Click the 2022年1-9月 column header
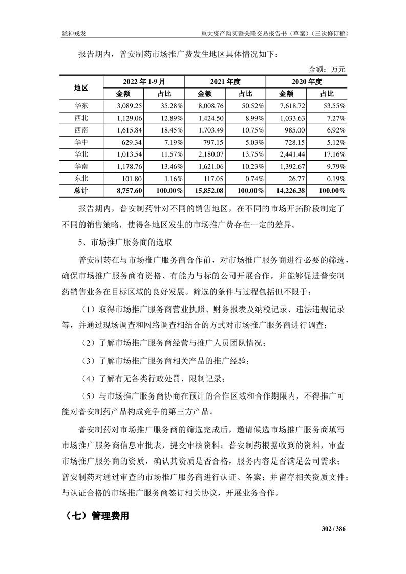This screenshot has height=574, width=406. pyautogui.click(x=143, y=81)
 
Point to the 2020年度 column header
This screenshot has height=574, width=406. pyautogui.click(x=306, y=81)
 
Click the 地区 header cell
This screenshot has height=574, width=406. pyautogui.click(x=81, y=87)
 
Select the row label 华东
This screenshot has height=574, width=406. pyautogui.click(x=81, y=106)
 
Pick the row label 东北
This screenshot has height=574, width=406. pyautogui.click(x=81, y=179)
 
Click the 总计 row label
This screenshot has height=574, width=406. pyautogui.click(x=81, y=191)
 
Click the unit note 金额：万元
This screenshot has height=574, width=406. pyautogui.click(x=327, y=69)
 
